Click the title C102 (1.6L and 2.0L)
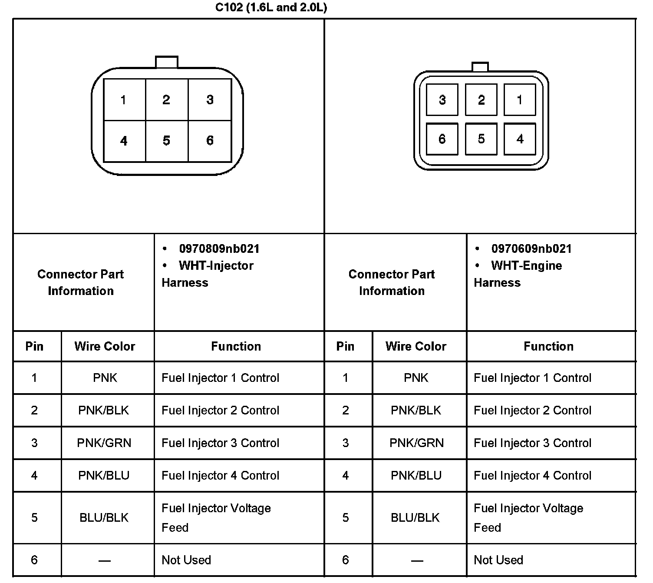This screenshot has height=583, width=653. tap(271, 8)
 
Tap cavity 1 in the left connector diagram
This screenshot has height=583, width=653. tap(124, 100)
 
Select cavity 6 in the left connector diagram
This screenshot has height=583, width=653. tap(210, 141)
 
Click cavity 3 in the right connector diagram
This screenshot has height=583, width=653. tap(442, 100)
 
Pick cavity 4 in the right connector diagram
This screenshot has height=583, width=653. tap(520, 139)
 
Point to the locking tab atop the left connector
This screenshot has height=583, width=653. tap(167, 62)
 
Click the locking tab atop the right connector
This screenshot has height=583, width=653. tap(480, 67)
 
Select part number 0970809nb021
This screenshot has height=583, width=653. tap(219, 249)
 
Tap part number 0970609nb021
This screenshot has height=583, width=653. tap(531, 249)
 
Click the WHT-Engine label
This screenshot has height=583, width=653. tap(526, 266)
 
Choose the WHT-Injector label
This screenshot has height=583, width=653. tap(216, 266)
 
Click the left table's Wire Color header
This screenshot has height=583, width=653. tap(105, 346)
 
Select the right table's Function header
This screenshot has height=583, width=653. tap(548, 346)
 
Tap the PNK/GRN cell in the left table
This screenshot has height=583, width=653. tap(104, 443)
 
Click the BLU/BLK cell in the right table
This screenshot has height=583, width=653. tap(415, 518)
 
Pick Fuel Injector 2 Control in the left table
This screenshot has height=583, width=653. tap(220, 411)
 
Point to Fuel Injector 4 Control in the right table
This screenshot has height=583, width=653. tap(532, 476)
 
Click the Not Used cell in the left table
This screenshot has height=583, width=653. tap(186, 560)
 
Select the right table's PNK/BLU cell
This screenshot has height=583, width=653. tap(416, 476)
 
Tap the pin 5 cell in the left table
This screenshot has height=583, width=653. tap(34, 518)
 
